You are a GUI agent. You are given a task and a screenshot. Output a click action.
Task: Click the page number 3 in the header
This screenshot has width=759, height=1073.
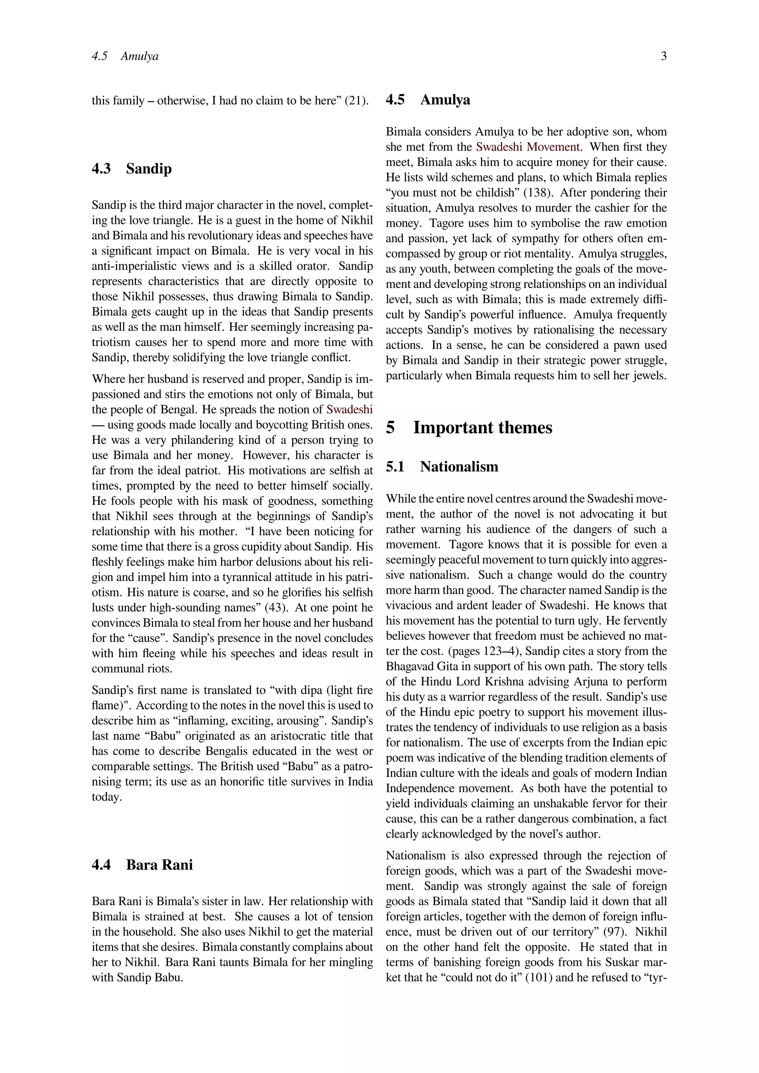pyautogui.click(x=664, y=57)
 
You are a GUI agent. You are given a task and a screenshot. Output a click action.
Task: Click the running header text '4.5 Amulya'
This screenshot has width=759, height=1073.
pyautogui.click(x=125, y=57)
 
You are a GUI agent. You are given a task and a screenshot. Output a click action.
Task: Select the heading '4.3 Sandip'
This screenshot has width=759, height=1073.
pyautogui.click(x=132, y=169)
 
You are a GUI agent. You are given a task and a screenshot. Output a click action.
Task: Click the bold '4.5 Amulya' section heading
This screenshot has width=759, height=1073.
pyautogui.click(x=428, y=100)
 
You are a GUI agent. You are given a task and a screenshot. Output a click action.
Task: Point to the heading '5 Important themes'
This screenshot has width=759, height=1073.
pyautogui.click(x=469, y=428)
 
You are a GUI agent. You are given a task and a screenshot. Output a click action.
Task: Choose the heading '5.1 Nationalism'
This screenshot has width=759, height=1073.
pyautogui.click(x=442, y=467)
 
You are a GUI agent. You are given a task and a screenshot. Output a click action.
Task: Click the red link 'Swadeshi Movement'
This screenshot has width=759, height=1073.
pyautogui.click(x=528, y=147)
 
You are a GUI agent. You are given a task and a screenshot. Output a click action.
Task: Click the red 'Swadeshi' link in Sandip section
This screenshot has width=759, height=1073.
pyautogui.click(x=349, y=410)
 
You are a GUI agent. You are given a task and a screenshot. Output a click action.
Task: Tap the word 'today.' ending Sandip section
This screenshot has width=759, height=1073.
pyautogui.click(x=107, y=797)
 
